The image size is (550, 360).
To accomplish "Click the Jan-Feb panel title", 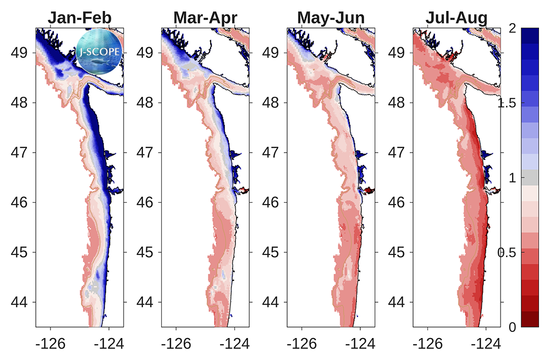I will tap(80, 18).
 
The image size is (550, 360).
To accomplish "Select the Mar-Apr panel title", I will tap(205, 18).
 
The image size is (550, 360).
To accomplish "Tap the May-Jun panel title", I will tap(331, 18).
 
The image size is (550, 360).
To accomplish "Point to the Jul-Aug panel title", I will tap(457, 18).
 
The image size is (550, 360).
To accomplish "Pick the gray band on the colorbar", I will tap(530, 177).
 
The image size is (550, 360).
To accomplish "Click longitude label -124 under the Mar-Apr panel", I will tap(235, 344).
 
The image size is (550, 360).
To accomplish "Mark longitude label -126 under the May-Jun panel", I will tap(302, 344).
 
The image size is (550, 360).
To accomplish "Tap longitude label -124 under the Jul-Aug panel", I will tap(486, 344).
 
